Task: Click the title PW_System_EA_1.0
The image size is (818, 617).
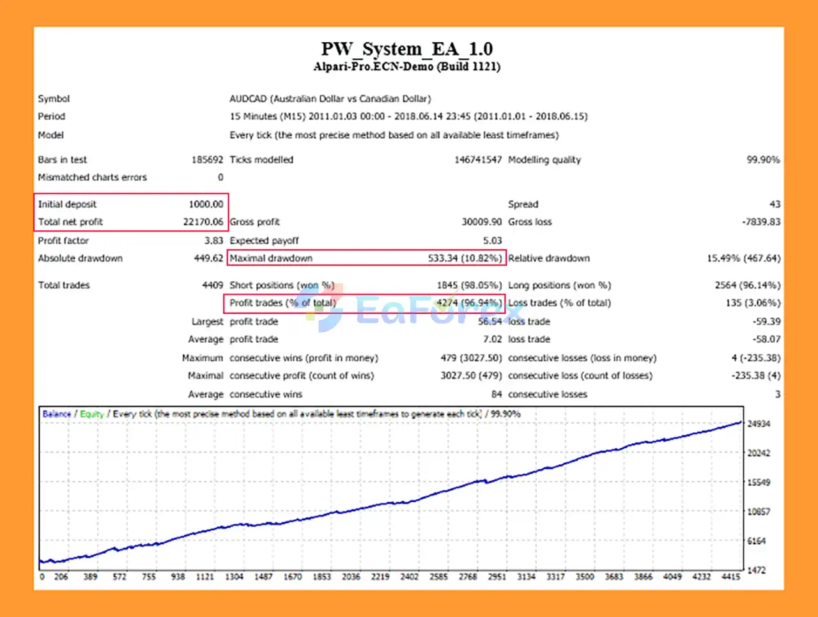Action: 406,49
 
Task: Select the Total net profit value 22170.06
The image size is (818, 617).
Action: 203,222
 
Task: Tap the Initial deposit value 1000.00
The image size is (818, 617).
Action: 206,204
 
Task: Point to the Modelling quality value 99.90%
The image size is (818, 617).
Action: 763,160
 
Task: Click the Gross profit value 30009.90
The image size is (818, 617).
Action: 481,222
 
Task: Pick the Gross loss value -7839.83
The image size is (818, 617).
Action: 761,222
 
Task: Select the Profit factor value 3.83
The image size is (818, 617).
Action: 213,240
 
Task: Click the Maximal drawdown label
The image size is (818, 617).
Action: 271,258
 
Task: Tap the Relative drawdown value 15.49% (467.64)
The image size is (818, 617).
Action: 743,258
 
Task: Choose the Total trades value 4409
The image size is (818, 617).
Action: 212,285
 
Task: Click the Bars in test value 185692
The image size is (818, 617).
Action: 207,160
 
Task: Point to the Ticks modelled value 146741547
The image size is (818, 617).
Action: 478,160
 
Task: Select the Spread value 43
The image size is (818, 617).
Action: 775,204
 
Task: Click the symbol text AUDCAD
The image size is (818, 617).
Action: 248,98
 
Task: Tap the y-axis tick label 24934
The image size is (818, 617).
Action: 759,424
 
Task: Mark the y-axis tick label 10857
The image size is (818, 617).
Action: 759,512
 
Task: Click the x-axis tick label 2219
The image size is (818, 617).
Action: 380,577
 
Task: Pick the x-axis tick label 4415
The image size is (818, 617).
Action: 730,577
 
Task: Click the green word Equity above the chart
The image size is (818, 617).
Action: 92,414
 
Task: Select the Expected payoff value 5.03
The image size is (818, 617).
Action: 492,240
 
